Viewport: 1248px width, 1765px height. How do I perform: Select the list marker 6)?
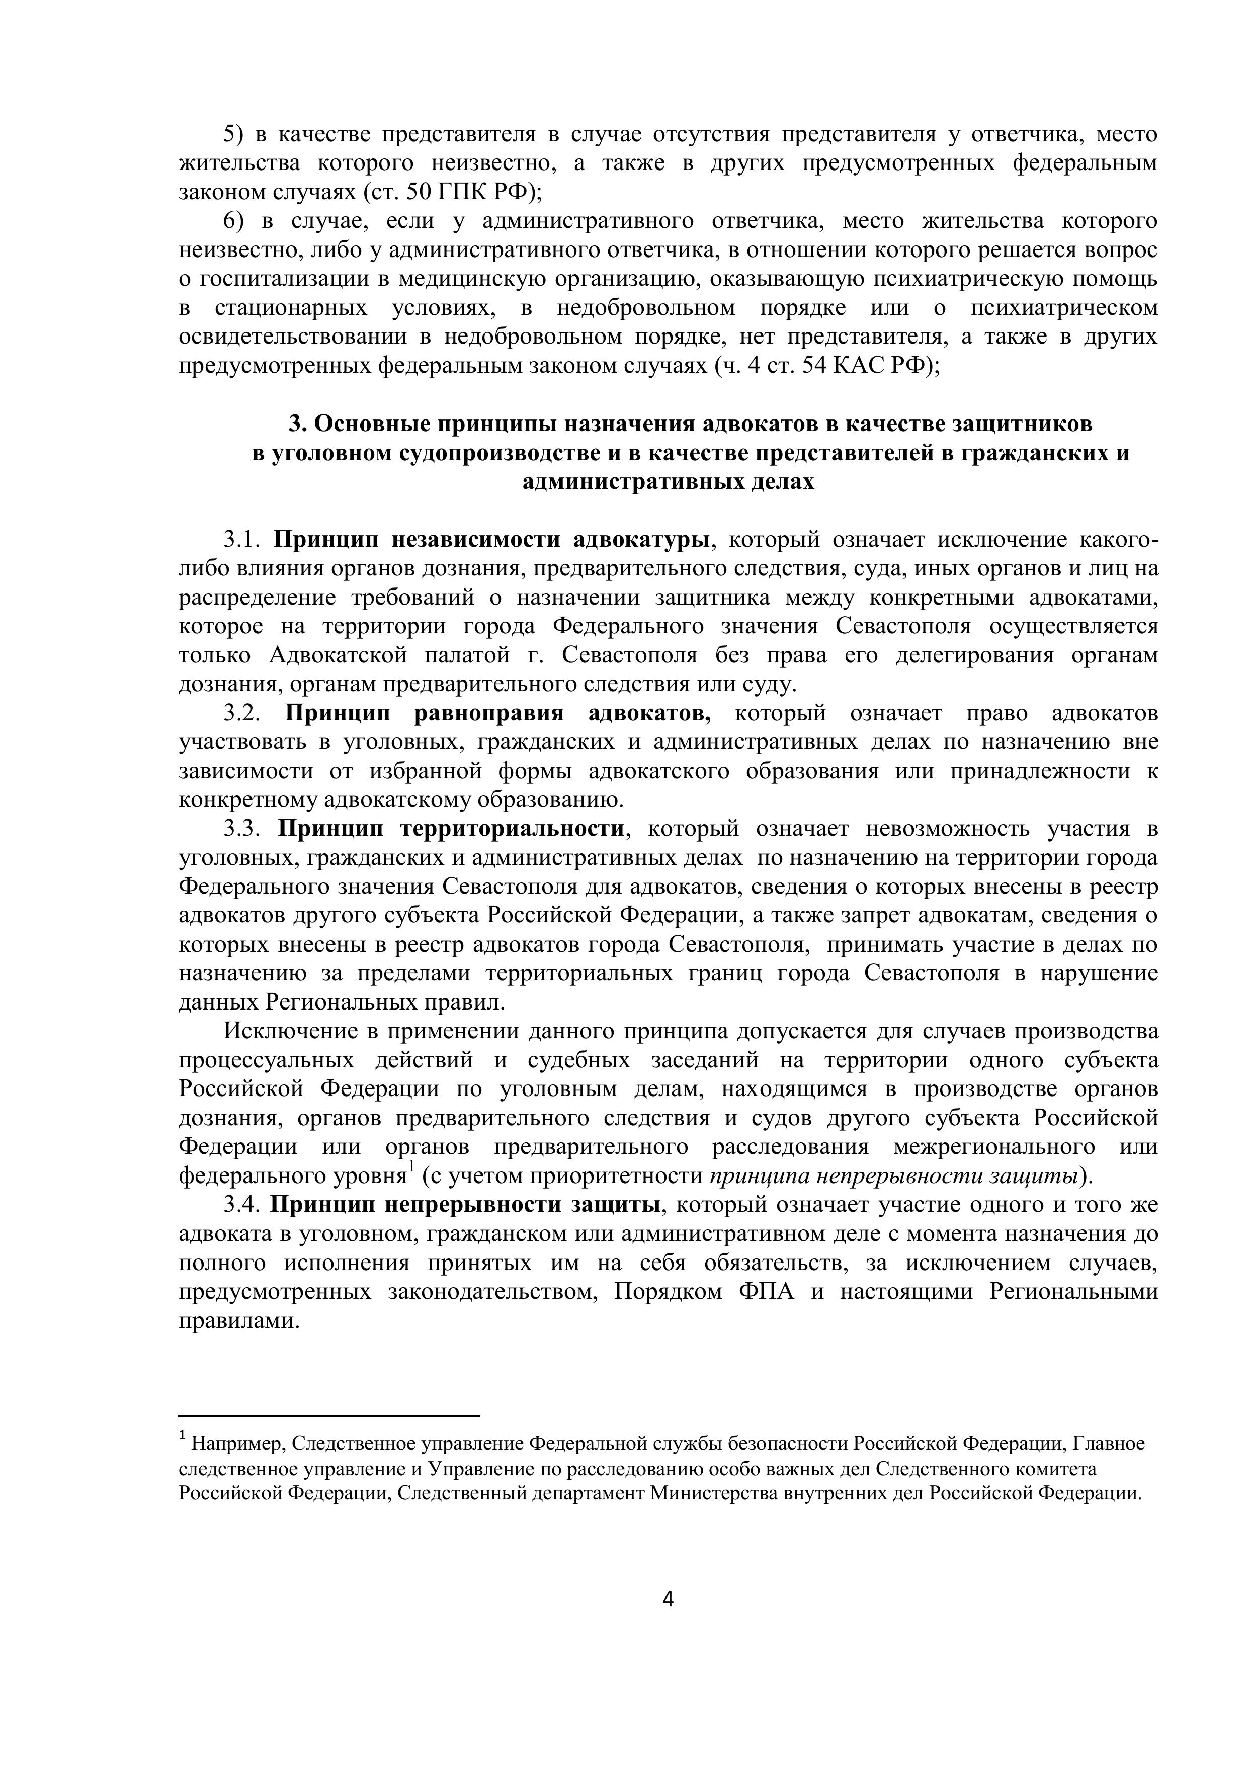234,221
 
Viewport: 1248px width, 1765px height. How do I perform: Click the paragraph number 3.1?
244,540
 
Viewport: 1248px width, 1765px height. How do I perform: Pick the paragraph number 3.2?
244,713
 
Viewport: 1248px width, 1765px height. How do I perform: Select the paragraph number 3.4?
244,1205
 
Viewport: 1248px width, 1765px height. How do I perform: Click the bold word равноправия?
489,713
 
